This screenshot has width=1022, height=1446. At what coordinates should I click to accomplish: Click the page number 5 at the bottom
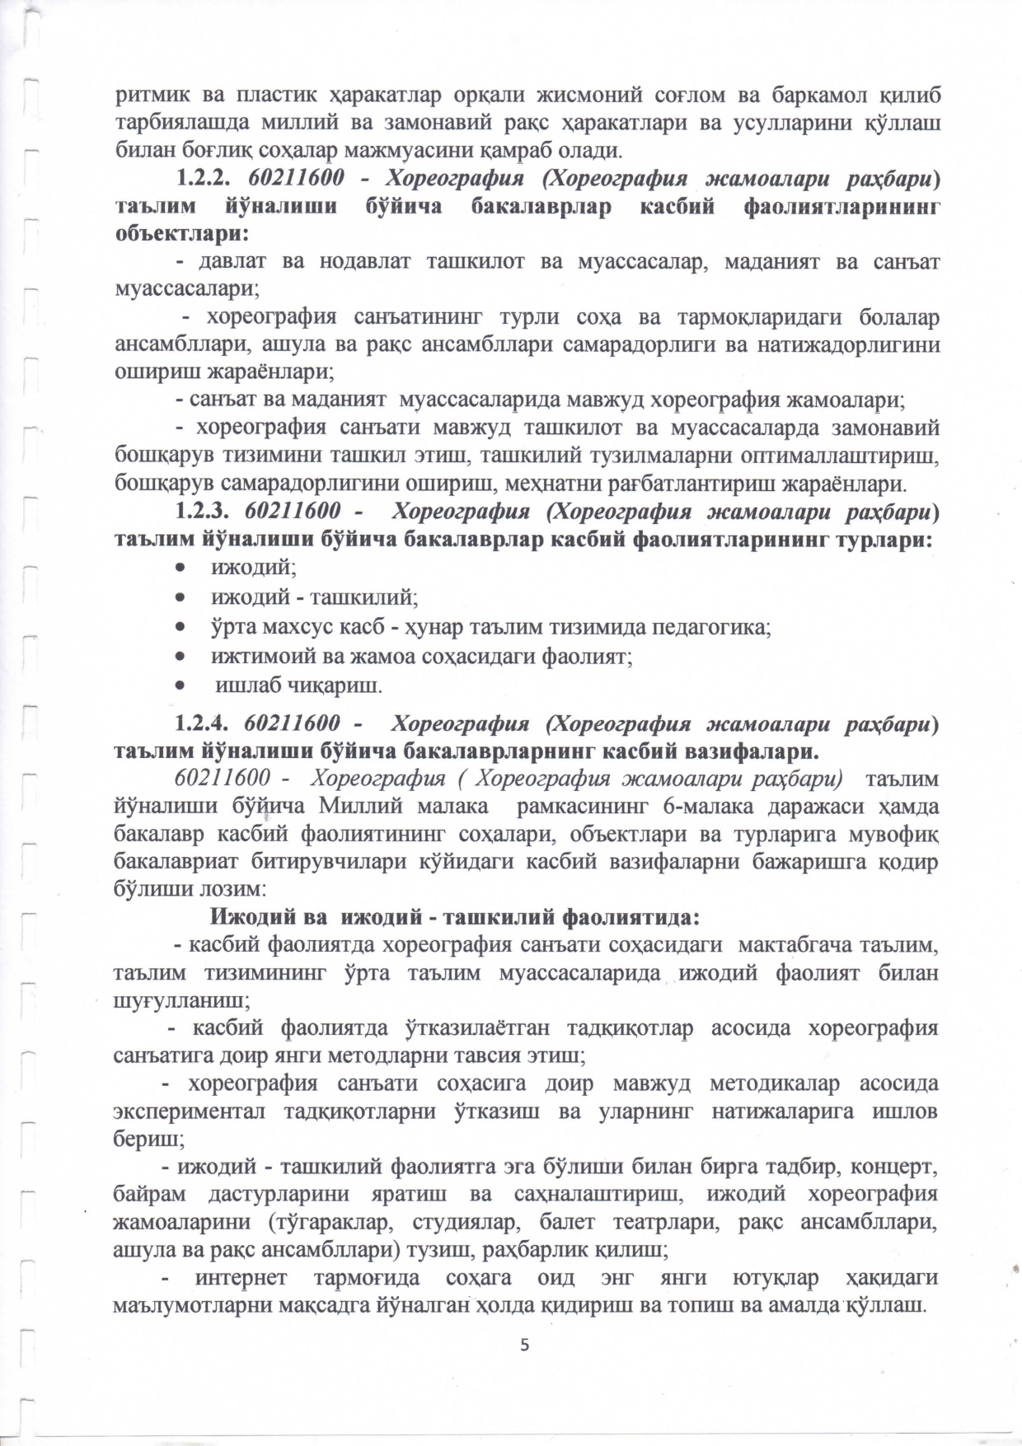coord(524,1345)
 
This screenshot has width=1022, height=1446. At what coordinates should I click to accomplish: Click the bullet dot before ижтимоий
coord(180,657)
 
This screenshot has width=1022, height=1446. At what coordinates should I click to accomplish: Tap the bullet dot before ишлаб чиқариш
coord(180,686)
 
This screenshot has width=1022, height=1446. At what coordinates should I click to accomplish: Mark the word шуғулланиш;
coord(182,1001)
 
